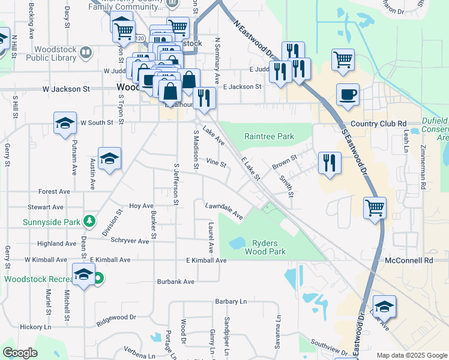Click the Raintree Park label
point(269,137)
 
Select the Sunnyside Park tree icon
point(89,221)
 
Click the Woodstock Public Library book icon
point(86,53)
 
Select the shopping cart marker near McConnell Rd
point(375,208)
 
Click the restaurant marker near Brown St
point(330,162)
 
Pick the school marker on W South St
point(65,124)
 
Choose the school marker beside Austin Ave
point(109,159)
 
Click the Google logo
point(20,353)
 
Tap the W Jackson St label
point(66,89)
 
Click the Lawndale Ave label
point(223,211)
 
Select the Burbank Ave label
point(176,281)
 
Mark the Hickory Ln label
point(35,328)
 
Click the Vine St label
point(215,163)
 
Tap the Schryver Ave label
point(130,241)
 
